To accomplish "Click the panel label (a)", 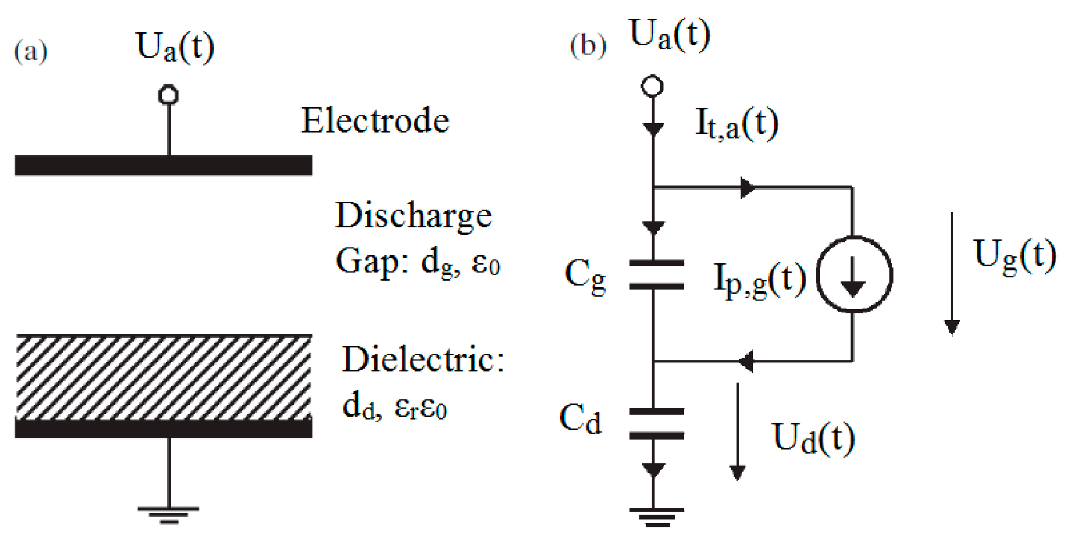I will click(x=31, y=52).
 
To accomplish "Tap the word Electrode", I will click(x=375, y=121).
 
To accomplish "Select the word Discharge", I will click(x=413, y=216).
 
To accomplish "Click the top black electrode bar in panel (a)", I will click(x=164, y=165).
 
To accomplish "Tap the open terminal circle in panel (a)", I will click(x=168, y=94).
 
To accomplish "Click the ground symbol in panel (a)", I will click(x=169, y=515).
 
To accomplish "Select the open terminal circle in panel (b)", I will click(x=652, y=86).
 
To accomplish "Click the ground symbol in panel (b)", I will click(x=656, y=516).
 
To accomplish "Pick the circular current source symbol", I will click(x=854, y=274).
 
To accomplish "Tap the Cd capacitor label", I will click(x=580, y=419).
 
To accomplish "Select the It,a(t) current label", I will click(x=736, y=124).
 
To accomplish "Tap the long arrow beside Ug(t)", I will click(x=952, y=274).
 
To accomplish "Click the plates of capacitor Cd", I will click(x=656, y=424).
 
